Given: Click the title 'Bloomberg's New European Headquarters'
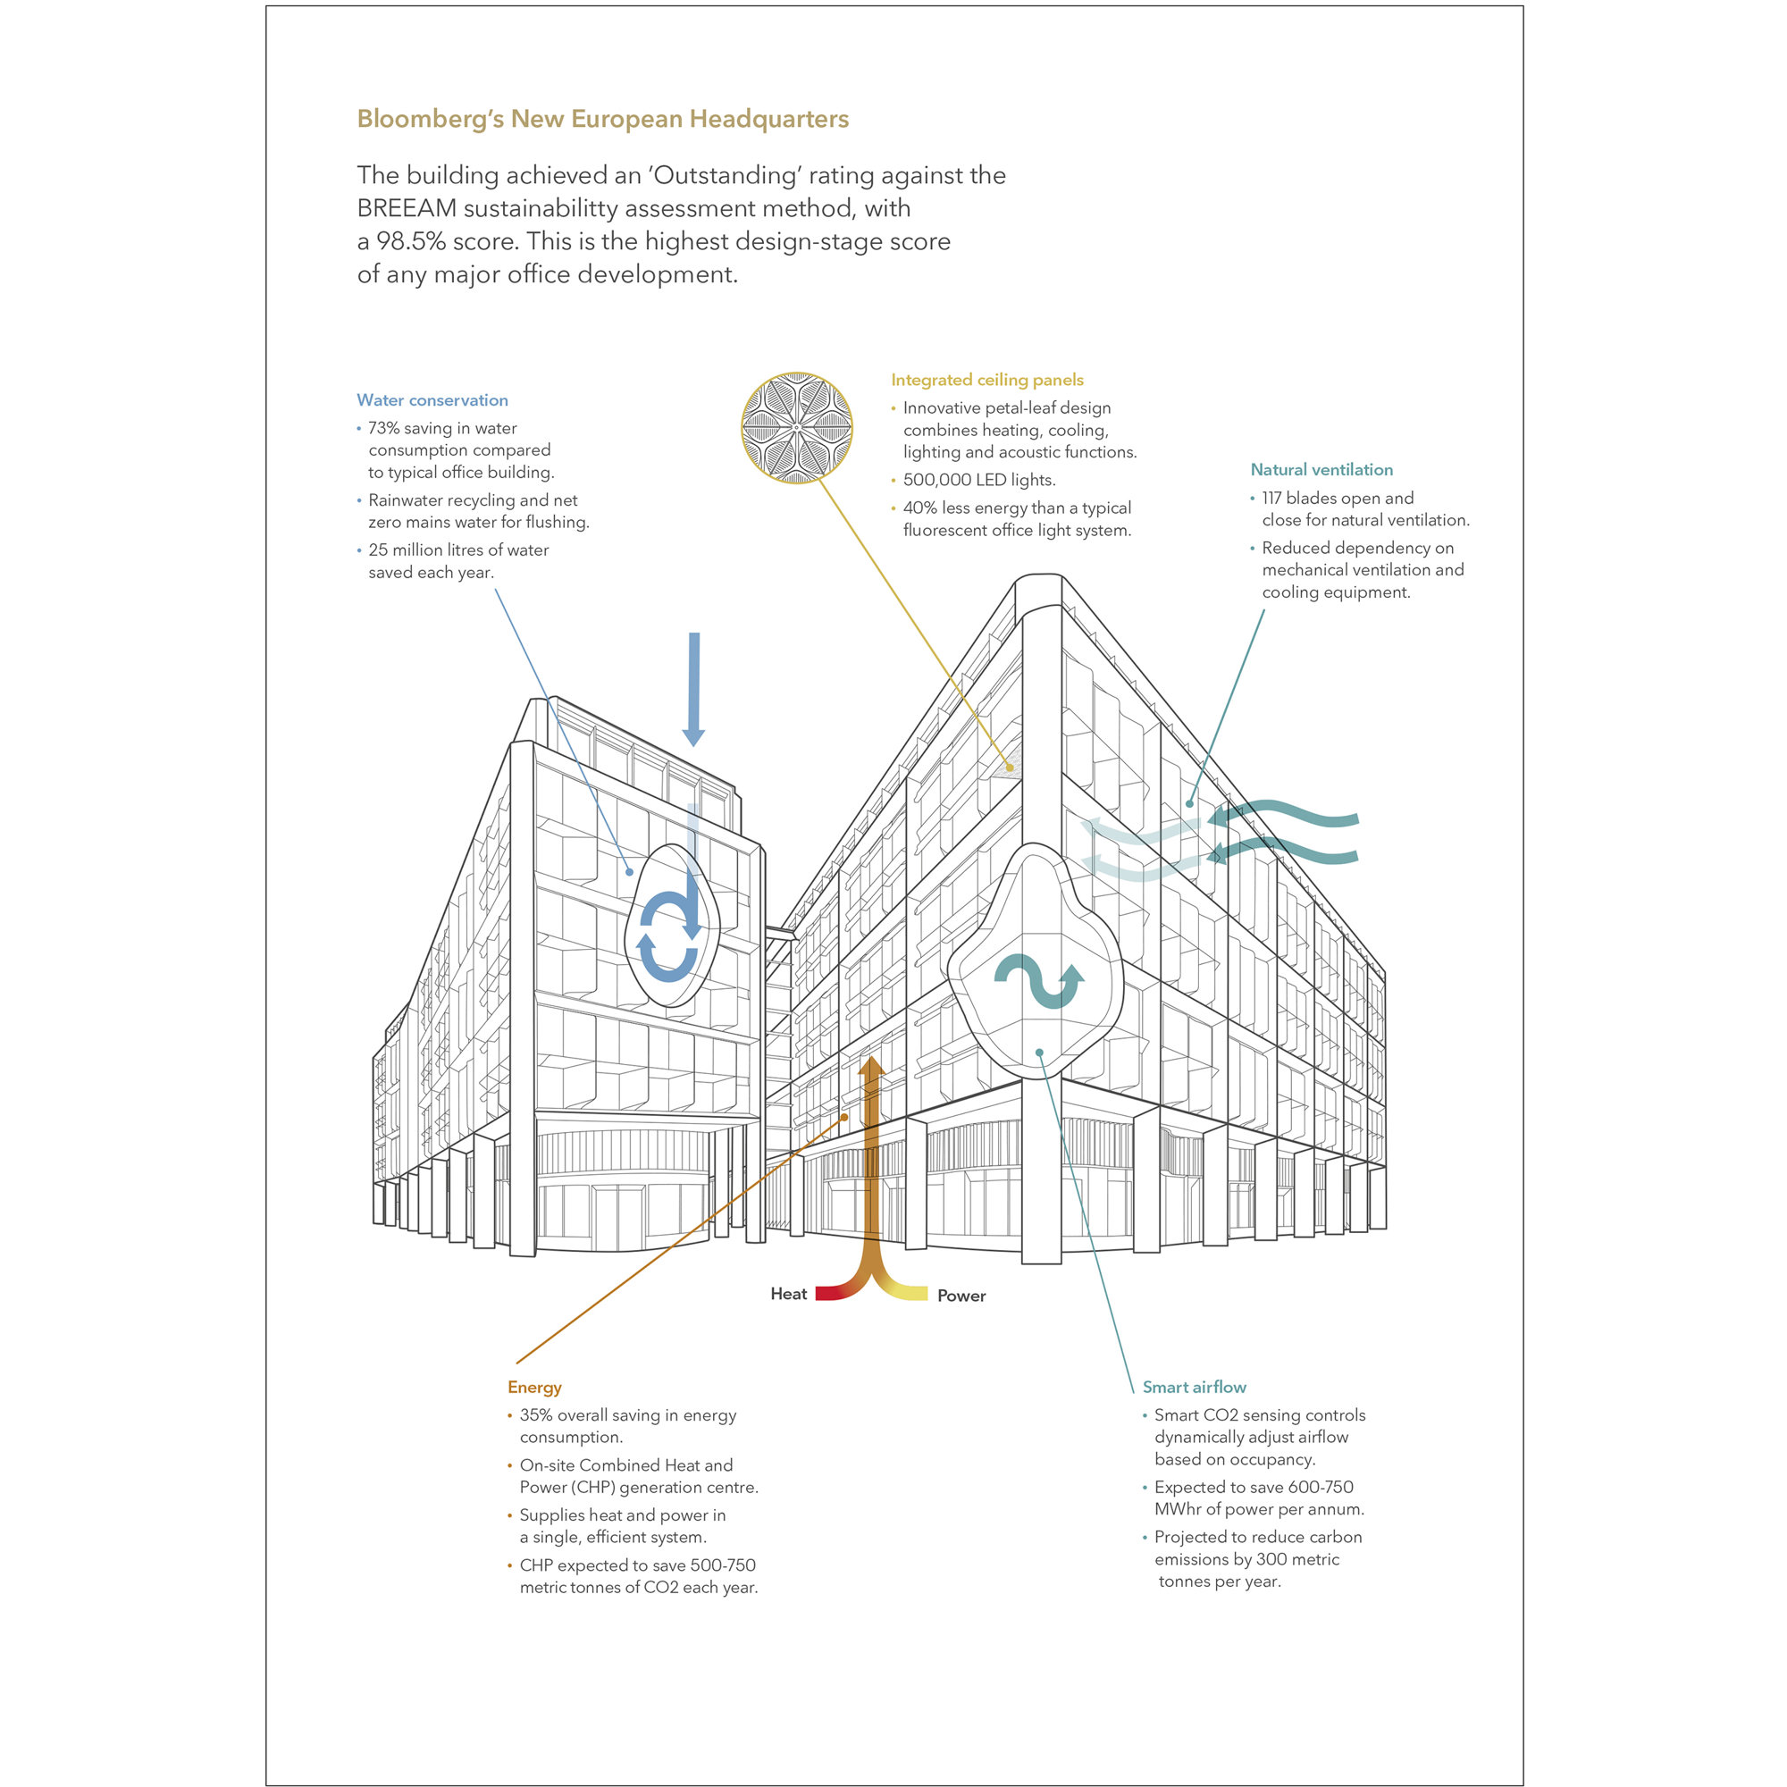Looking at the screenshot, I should click(602, 120).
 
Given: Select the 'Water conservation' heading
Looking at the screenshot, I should click(432, 400).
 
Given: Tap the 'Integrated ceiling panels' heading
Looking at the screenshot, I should click(987, 380).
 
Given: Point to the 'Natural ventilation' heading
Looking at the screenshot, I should click(1321, 470).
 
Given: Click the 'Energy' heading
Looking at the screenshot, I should click(533, 1388).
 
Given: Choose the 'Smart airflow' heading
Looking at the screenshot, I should click(1194, 1388).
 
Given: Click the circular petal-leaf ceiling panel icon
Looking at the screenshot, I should click(796, 427).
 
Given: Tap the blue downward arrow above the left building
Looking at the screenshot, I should click(693, 689).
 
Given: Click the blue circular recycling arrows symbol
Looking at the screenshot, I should click(667, 935).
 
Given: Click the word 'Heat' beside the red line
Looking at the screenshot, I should click(788, 1294).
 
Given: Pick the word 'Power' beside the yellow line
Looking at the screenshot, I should click(961, 1296).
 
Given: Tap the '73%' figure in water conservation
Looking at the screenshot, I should click(384, 428).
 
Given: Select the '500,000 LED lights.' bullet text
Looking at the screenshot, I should click(978, 480).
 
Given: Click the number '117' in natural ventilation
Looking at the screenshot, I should click(1271, 499).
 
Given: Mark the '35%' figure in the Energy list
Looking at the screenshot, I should click(535, 1415).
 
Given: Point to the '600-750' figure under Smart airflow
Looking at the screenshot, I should click(1320, 1488).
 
